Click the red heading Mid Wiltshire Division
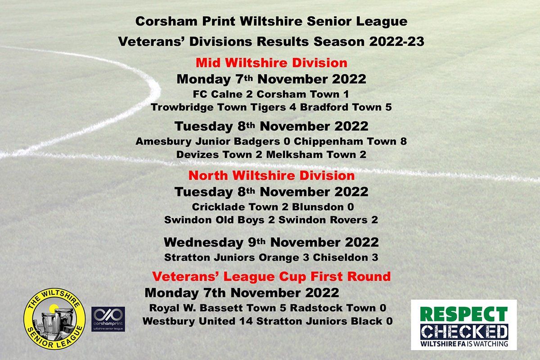pos(271,63)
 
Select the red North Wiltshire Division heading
pos(271,175)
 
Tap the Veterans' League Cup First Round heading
pos(271,277)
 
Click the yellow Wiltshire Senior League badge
pos(54,319)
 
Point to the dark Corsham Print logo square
pos(108,319)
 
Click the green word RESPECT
pos(464,314)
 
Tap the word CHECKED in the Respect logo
pos(464,332)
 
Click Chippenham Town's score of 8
pos(404,141)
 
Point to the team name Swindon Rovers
pos(323,220)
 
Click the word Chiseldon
pos(340,257)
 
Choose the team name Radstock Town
pos(333,308)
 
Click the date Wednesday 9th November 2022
pos(271,243)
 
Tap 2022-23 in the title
pos(396,41)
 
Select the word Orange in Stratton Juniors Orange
pos(279,258)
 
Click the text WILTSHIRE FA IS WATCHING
pos(464,343)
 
